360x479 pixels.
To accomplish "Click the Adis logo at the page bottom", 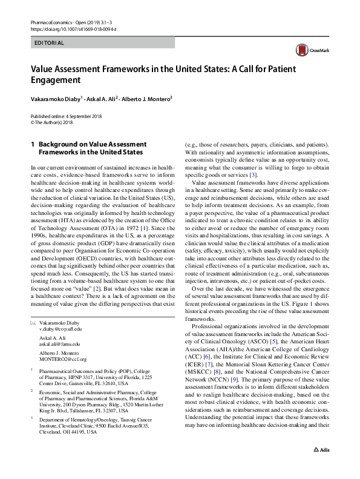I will [321, 467].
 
